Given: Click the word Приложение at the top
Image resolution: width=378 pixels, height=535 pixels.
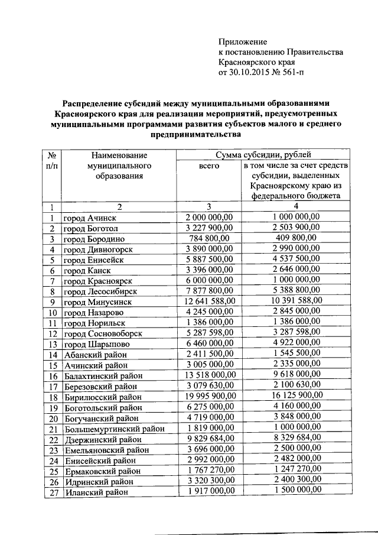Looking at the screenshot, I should coord(243,41).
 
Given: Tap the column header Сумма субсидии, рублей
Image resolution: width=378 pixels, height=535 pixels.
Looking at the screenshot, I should coord(263,155).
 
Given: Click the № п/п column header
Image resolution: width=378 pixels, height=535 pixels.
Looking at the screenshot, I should coord(51,160).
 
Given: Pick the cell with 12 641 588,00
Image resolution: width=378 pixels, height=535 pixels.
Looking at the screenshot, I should coord(209,301).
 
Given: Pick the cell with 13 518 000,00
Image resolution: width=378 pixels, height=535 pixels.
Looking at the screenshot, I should coord(209,376).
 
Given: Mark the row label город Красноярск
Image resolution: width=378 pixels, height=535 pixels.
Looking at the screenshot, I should coord(97,281).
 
